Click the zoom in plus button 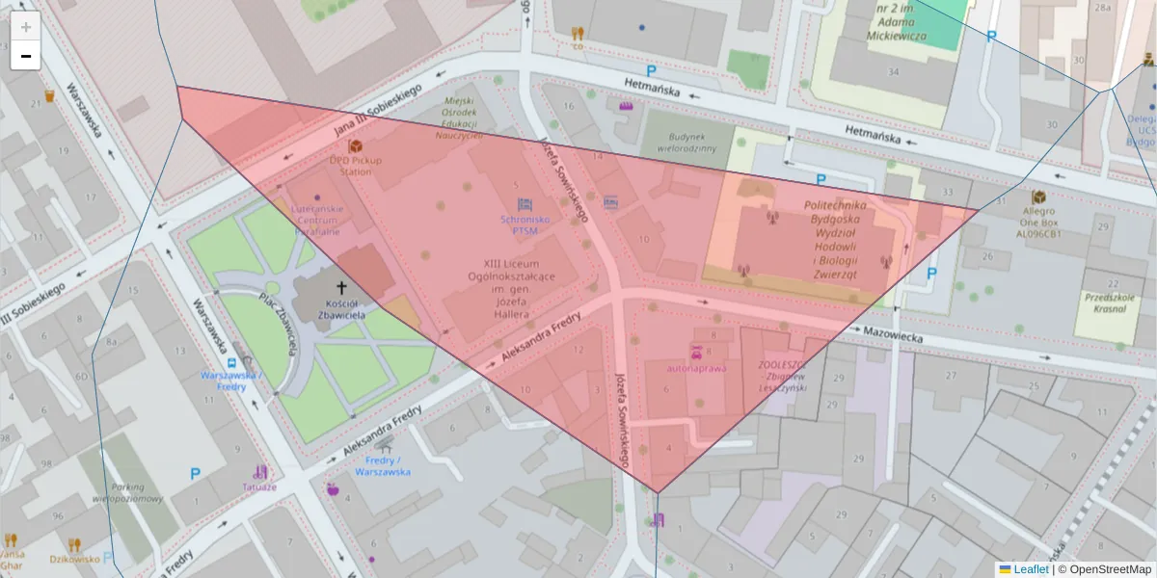(26, 27)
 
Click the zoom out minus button (26, 56)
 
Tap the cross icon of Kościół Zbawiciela (341, 287)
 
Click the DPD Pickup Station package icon (355, 146)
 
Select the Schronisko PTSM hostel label (525, 224)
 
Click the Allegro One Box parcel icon (1038, 197)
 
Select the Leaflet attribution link (1031, 569)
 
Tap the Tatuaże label (258, 486)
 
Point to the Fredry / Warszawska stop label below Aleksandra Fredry (383, 466)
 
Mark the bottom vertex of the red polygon (658, 493)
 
